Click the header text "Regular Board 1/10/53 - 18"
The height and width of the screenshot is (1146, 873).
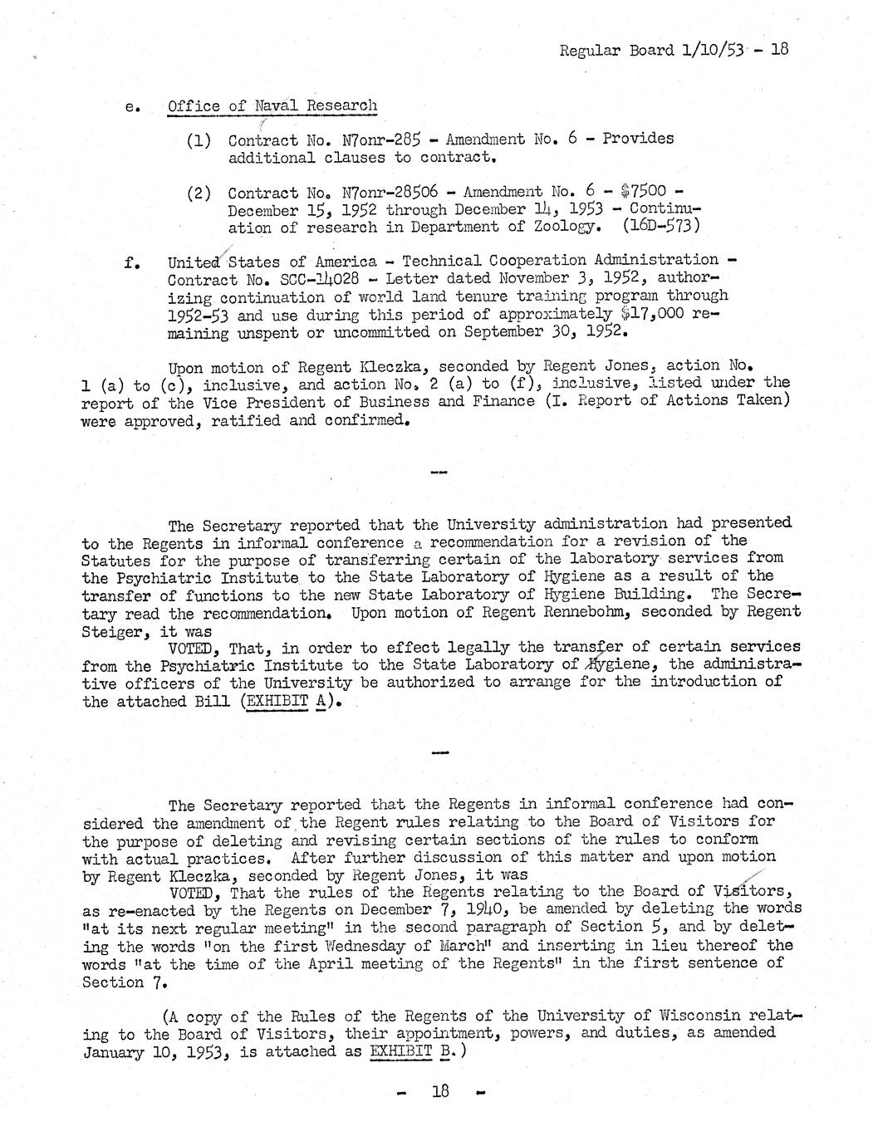(x=673, y=50)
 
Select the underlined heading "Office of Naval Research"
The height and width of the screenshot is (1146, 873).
(x=272, y=106)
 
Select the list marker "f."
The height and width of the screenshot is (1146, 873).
(x=130, y=262)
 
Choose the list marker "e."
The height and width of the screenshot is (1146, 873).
(x=130, y=108)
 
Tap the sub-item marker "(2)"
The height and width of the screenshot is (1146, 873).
(x=199, y=193)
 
